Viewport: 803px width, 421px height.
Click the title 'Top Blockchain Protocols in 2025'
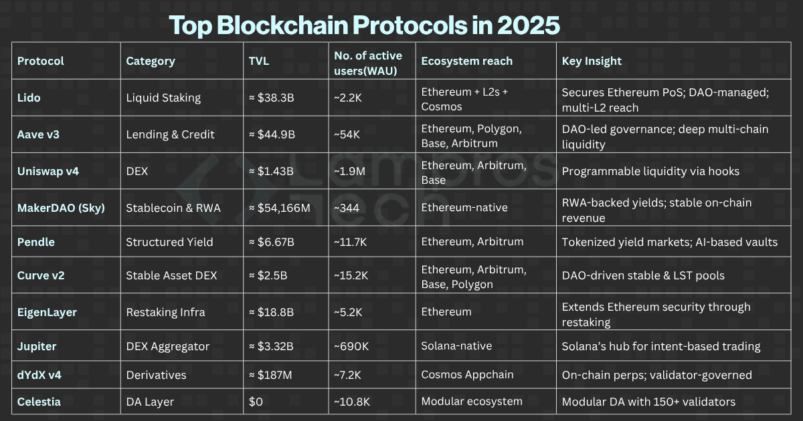pos(364,25)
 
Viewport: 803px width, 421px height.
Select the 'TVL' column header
pos(258,61)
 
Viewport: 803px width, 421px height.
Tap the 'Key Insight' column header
pos(592,61)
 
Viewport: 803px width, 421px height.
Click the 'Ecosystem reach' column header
pos(466,61)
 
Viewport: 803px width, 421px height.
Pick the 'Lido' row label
pos(29,98)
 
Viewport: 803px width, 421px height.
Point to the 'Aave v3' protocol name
pos(38,134)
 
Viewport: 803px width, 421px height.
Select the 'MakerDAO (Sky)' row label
pos(60,208)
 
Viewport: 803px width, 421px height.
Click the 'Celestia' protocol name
pos(39,402)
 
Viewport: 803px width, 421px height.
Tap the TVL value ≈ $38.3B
pos(272,98)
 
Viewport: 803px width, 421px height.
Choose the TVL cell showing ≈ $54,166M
pos(279,208)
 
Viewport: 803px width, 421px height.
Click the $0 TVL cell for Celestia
pos(256,402)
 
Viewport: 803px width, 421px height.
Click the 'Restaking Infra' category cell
pos(165,312)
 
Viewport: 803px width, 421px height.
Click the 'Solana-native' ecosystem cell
pos(456,346)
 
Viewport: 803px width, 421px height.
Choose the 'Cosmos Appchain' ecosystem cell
pos(467,375)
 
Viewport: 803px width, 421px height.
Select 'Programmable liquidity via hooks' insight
pos(650,171)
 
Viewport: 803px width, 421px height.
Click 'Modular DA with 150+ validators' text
pos(648,402)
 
